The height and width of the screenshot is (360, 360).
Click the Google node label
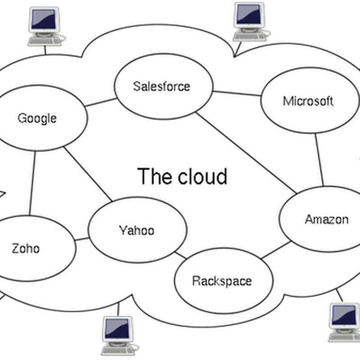[37, 118]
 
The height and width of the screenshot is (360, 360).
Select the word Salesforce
[162, 86]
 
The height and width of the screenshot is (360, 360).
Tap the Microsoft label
[308, 101]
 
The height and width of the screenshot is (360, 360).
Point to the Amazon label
[326, 219]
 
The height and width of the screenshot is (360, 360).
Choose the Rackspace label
[221, 281]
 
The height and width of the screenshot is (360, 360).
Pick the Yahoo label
[136, 230]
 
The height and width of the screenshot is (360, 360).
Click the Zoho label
[26, 248]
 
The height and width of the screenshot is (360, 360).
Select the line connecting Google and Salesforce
[100, 103]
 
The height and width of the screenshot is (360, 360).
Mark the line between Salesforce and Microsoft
[237, 93]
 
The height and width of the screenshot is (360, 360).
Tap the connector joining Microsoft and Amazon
[319, 159]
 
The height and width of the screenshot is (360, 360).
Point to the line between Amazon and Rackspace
[275, 250]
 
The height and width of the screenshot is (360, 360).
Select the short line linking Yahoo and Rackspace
[180, 255]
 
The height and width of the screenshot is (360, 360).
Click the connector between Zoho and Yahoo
[82, 238]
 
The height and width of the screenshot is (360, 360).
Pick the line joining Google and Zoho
[32, 182]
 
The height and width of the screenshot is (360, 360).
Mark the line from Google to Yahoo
[87, 174]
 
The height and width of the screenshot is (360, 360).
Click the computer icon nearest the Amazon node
[344, 322]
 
